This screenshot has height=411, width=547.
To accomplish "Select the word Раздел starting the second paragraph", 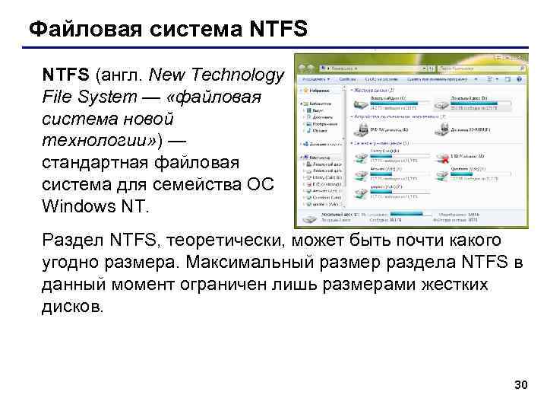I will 74,241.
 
